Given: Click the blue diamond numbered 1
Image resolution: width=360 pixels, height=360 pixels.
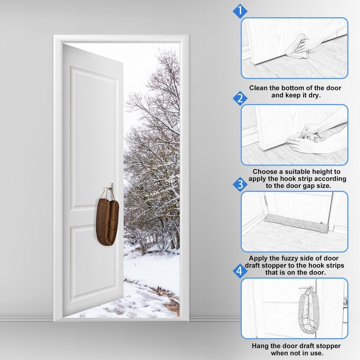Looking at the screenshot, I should [240, 10].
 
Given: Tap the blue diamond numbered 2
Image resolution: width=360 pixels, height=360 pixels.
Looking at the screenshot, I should [240, 98].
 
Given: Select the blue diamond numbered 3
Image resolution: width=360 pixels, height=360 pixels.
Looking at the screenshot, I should [240, 185].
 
